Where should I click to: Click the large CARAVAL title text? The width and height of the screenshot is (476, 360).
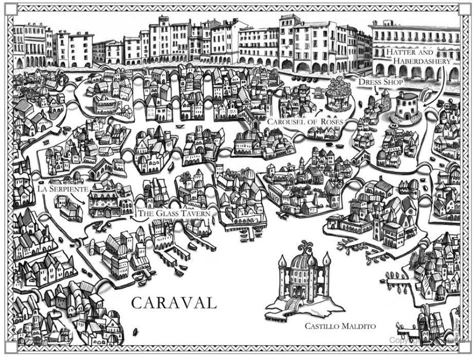coord(174,302)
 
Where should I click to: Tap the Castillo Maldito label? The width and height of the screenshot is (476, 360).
coord(340,326)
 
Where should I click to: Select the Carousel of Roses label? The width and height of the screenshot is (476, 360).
coord(305,122)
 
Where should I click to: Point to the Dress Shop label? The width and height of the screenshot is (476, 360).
coord(381,82)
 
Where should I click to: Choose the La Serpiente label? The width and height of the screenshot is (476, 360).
coord(63,189)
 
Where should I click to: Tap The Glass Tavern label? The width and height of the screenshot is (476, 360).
coord(173,213)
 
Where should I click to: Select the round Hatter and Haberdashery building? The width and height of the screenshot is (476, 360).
coord(408,107)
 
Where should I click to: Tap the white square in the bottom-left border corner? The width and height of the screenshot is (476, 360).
coord(22,347)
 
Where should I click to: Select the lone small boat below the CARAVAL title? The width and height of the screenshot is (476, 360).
coord(135,331)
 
